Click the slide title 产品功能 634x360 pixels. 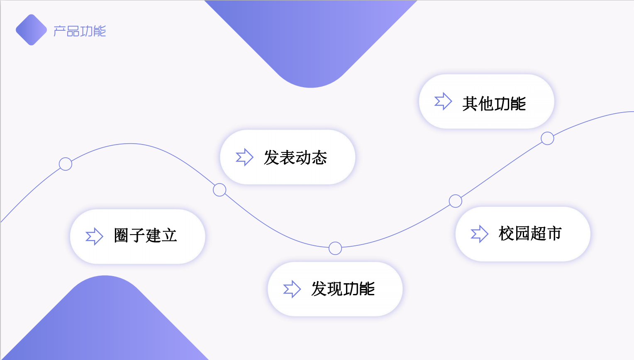point(80,31)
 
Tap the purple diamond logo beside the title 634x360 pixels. point(31,30)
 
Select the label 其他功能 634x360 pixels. point(494,103)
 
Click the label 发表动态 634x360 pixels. point(295,158)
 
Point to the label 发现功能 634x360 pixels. point(343,289)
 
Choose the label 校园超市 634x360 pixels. point(530,234)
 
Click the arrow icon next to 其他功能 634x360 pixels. point(443,101)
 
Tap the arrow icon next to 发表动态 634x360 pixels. point(244,157)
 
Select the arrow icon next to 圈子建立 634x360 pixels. point(94,236)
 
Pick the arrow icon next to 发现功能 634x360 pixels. point(292,289)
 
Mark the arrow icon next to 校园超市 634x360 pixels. point(479,234)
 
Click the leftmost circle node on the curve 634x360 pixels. point(66,164)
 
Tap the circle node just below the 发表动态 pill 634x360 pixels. point(219,190)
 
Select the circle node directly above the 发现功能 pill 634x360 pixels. point(335,248)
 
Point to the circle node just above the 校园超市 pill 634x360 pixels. point(456,201)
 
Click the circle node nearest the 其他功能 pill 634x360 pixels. point(547,138)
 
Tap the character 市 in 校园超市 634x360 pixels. point(554,234)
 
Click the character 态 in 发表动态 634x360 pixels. point(319,158)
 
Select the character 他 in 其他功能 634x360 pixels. point(485,103)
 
